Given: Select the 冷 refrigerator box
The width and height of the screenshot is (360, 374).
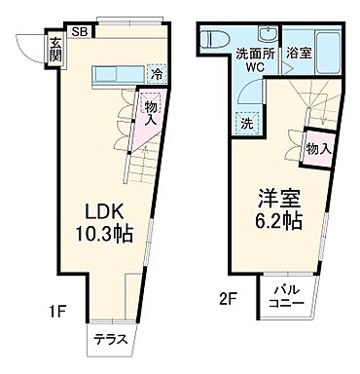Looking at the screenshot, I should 156,73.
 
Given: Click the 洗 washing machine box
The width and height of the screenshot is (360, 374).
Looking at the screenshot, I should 246,124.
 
